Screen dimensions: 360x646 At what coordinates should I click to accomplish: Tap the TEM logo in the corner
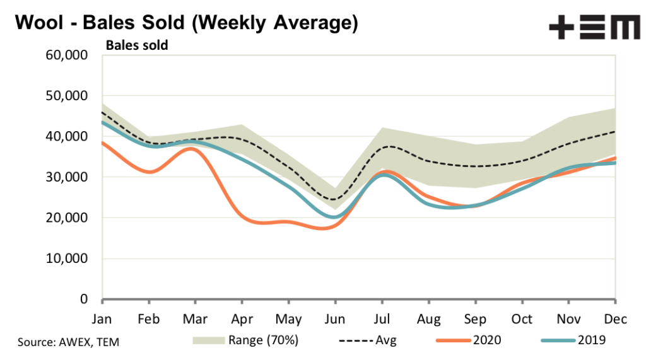(593, 28)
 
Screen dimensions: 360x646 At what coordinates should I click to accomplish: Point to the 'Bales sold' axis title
(137, 45)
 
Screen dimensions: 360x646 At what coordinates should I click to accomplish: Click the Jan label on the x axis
(102, 319)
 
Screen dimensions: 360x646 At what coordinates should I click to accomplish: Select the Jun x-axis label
(336, 319)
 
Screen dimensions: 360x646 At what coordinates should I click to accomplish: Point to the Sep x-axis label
(476, 319)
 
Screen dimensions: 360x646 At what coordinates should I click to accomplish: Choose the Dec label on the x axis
(616, 319)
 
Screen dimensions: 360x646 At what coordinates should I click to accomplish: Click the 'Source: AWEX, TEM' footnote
(68, 342)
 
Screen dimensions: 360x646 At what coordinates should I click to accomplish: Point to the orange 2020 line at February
(149, 171)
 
